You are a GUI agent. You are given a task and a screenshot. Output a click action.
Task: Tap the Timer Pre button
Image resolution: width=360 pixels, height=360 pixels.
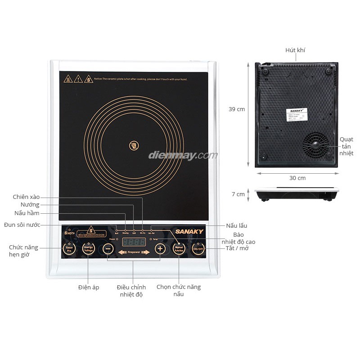click(x=69, y=249)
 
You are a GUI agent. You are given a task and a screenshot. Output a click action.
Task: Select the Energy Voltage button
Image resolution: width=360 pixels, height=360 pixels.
click(x=88, y=249)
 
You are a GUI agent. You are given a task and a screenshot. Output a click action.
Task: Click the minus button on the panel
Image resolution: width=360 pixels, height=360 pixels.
click(x=108, y=249)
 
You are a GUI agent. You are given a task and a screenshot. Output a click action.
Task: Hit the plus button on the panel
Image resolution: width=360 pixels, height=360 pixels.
click(x=159, y=249)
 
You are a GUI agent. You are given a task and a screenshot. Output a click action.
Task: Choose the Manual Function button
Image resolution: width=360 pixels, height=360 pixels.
click(x=179, y=249)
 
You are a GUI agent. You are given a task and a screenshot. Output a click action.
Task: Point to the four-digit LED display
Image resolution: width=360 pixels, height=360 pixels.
click(x=134, y=242)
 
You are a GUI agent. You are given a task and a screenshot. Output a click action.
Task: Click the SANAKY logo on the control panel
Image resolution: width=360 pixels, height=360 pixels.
click(x=189, y=232)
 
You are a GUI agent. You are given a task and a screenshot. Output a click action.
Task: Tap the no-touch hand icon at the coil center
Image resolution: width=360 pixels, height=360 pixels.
click(x=134, y=145)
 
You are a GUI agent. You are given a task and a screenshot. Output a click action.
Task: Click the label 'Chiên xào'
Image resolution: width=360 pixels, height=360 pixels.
click(x=26, y=197)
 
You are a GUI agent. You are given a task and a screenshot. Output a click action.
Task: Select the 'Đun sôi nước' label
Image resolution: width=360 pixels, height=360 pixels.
click(x=22, y=225)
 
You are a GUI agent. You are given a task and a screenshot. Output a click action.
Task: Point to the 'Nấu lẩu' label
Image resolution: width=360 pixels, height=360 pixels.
click(x=236, y=225)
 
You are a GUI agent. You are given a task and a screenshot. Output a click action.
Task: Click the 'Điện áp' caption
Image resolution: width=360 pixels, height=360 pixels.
click(x=88, y=287)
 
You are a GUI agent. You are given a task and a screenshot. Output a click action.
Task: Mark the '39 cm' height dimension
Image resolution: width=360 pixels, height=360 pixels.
click(x=237, y=109)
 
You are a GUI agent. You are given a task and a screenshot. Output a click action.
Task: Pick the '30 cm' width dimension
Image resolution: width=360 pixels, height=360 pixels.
click(x=297, y=178)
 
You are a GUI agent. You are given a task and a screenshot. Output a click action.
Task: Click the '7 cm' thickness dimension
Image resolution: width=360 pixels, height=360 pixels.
click(x=238, y=194)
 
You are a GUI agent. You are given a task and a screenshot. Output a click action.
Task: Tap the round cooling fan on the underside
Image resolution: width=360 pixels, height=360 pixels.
click(x=315, y=145)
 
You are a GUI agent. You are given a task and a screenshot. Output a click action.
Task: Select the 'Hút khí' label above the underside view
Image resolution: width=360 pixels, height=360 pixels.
click(x=295, y=50)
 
